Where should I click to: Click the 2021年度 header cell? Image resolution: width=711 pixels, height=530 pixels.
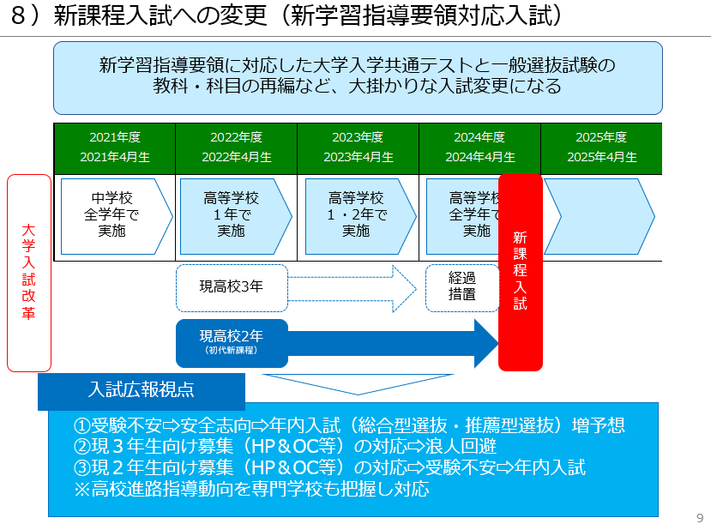pos(114,148)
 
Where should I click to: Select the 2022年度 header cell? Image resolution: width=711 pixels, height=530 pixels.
pos(236,148)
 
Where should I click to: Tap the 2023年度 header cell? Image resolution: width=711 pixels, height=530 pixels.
pos(358,148)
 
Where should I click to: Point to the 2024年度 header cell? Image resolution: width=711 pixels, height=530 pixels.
pos(479,148)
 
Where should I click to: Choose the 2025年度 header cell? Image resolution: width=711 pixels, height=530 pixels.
pos(601,148)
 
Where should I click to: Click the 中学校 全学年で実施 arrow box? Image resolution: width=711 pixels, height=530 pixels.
pos(113,216)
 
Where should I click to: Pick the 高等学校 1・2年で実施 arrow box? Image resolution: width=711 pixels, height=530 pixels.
pos(355,216)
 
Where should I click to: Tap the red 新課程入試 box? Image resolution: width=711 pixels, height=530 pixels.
pos(520,271)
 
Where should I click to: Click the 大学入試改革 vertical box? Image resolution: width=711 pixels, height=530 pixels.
pos(29,273)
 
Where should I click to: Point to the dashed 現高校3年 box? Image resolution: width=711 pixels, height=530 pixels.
pos(232,286)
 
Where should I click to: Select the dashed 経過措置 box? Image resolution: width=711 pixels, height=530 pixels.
pos(461,286)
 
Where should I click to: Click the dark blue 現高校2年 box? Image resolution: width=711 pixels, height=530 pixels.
pos(232,341)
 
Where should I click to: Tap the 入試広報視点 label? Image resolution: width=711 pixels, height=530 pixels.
pos(142,389)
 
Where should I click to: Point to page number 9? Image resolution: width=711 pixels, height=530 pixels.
pos(699,517)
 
